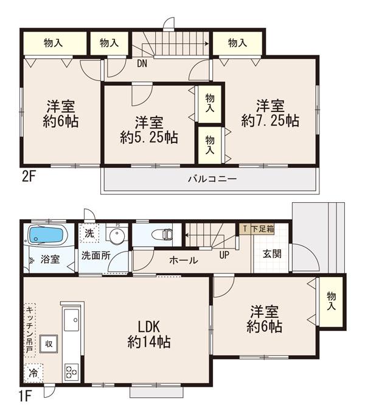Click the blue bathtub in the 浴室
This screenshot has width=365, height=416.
pos(45,235)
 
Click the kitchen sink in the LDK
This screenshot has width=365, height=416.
pos(72,317)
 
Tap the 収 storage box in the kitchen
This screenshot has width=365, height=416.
pos(48,343)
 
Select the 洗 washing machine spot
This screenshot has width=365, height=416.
pos(89,232)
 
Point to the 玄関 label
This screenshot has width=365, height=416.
pos(271,253)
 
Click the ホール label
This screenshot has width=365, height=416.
pos(183,260)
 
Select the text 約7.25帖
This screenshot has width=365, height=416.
pos(269,121)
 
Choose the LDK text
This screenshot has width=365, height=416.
pos(148,326)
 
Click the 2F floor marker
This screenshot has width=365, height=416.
pos(28,178)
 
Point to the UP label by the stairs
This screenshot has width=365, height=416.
pos(224,255)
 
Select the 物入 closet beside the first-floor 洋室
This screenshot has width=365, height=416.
pos(331,301)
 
